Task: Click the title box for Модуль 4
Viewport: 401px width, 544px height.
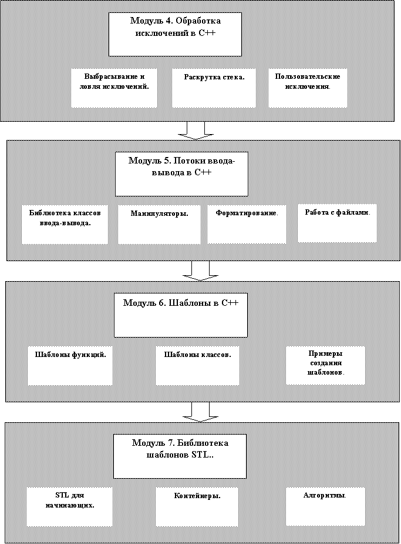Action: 175,34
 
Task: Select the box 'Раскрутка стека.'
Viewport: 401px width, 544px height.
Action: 214,88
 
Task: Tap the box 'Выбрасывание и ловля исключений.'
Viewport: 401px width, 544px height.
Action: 114,88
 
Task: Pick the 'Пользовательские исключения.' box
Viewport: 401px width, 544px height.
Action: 308,88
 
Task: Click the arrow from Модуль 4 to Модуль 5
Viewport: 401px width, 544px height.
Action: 196,131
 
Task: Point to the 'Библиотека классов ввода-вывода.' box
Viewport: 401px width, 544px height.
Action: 65,224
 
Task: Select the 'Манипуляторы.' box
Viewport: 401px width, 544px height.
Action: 159,224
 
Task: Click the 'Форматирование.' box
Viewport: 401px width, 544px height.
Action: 247,224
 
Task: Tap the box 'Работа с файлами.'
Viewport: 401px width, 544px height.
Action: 337,223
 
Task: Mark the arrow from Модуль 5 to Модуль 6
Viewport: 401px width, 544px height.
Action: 201,271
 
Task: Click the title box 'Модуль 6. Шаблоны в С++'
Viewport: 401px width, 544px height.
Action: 181,315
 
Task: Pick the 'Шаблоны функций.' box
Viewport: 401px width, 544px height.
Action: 70,366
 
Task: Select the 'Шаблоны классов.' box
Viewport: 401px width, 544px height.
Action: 197,366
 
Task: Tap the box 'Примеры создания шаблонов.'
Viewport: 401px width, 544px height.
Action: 325,365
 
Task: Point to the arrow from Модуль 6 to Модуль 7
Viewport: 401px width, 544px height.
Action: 201,412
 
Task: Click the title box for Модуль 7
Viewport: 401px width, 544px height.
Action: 180,456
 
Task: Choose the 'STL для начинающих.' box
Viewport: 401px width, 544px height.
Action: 70,507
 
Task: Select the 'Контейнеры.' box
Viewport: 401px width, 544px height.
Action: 197,507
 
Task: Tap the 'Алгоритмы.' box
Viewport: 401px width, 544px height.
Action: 325,506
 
